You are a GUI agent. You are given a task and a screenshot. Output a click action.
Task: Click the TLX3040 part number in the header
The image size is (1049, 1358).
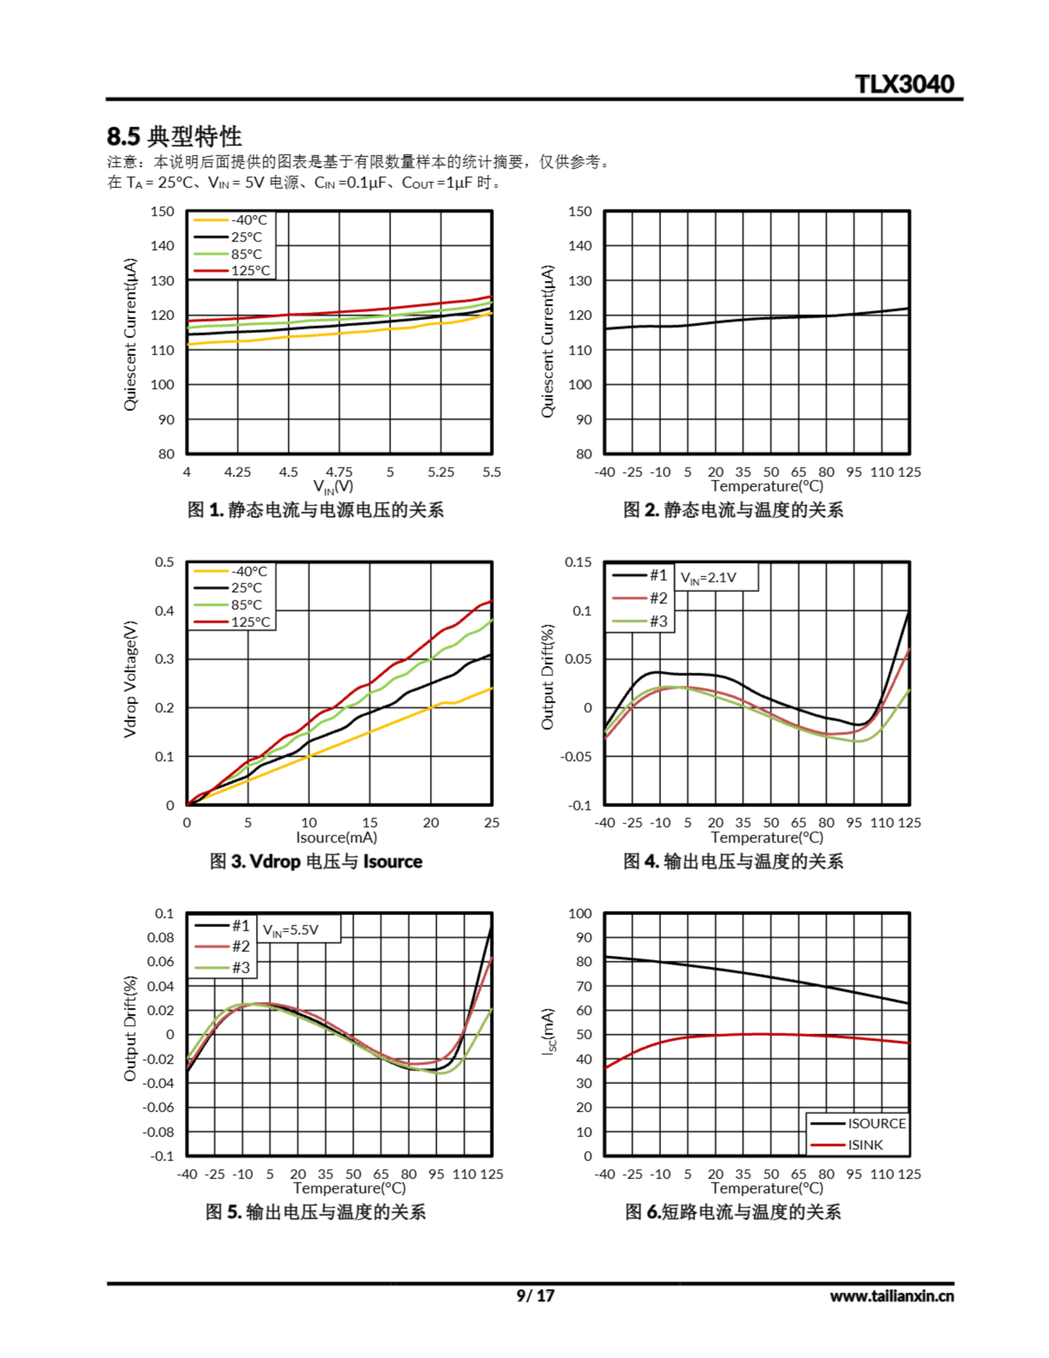click(x=904, y=84)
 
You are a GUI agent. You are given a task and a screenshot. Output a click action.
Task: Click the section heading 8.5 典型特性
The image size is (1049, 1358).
click(x=174, y=136)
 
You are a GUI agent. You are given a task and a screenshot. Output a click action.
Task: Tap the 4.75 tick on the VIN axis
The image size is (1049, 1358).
click(x=339, y=472)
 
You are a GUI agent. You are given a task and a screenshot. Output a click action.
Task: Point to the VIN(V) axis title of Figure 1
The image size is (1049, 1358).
click(x=333, y=486)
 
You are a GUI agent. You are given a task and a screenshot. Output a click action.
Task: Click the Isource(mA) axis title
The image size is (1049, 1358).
click(x=336, y=838)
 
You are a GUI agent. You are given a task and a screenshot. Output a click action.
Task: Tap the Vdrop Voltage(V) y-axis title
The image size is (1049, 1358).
click(x=130, y=679)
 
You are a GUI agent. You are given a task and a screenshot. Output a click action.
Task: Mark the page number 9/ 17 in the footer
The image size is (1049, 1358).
click(x=535, y=1296)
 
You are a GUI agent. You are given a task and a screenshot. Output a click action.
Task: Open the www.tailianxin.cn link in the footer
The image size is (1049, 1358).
click(x=891, y=1296)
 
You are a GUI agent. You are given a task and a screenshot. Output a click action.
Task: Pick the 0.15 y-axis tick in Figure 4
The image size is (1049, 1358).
click(x=578, y=562)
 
